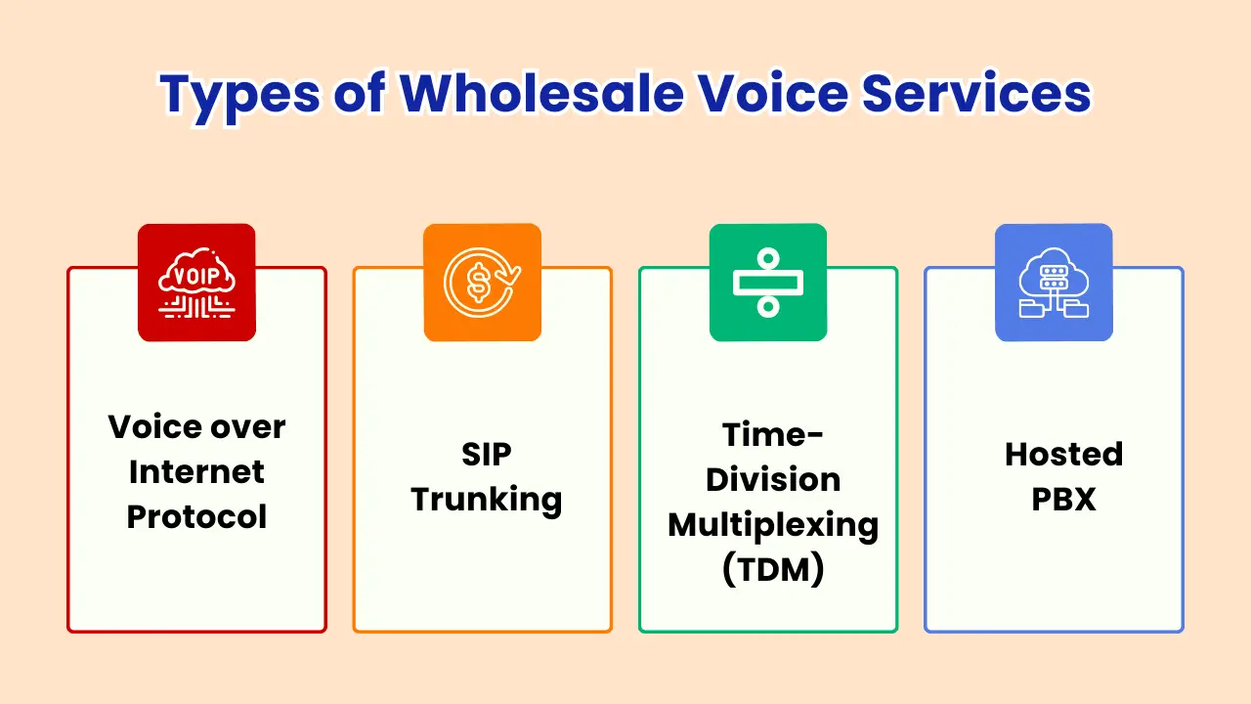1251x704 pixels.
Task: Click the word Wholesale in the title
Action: point(541,93)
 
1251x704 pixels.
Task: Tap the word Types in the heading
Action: point(240,96)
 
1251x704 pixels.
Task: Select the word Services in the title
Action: point(976,93)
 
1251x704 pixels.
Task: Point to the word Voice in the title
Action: point(773,93)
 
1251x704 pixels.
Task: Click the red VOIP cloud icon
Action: point(196,283)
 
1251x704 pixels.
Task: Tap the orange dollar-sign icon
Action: point(483,283)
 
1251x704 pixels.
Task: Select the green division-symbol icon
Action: point(768,283)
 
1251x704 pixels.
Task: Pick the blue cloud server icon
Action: point(1054,283)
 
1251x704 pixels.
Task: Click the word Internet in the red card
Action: point(196,472)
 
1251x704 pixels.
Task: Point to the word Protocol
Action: point(196,517)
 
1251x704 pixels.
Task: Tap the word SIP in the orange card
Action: point(487,455)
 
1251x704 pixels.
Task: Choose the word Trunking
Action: point(487,500)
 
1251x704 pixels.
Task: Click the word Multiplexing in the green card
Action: point(773,526)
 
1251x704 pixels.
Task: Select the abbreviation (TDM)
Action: point(773,570)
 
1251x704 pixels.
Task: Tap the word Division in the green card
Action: point(773,480)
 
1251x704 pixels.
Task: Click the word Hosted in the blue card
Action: point(1064,454)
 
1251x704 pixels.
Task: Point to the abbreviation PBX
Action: point(1064,499)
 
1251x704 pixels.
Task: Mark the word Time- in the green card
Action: point(773,435)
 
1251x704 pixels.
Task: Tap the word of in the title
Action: point(360,93)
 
